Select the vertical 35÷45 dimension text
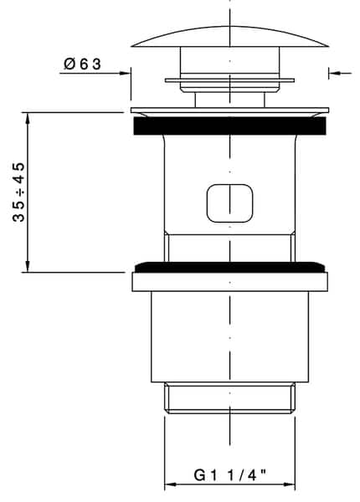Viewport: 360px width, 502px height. [x=18, y=192]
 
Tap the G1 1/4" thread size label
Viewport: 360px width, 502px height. [x=229, y=474]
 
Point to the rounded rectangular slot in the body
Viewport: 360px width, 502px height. [x=229, y=203]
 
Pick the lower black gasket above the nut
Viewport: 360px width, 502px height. [x=229, y=267]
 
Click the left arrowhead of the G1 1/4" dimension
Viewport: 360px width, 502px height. [x=168, y=484]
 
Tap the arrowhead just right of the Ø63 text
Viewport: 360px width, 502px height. [x=126, y=73]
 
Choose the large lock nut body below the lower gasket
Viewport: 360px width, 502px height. [x=229, y=335]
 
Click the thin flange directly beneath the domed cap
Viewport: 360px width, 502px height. [x=229, y=81]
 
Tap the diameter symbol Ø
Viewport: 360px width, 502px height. [x=69, y=64]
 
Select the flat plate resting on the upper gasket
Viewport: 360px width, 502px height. [x=229, y=110]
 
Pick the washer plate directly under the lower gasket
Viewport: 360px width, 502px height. [x=229, y=281]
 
